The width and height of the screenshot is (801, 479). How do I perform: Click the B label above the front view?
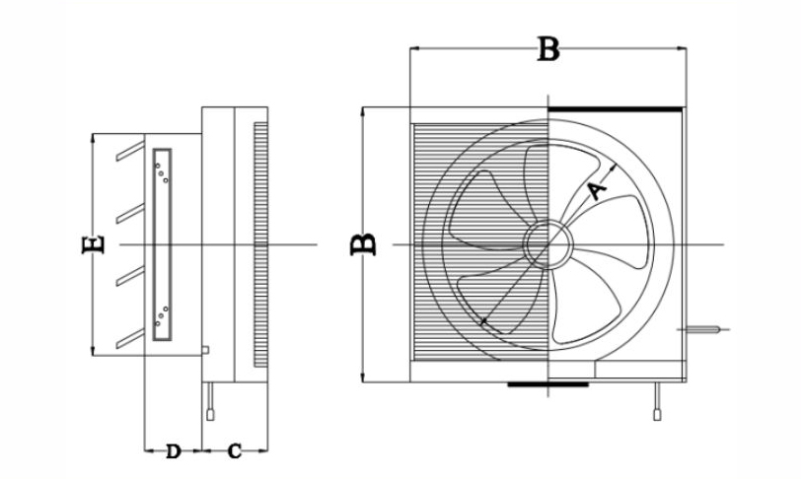pyautogui.click(x=547, y=48)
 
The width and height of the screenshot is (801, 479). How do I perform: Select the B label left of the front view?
pyautogui.click(x=364, y=243)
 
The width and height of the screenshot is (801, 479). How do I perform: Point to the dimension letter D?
pyautogui.click(x=172, y=451)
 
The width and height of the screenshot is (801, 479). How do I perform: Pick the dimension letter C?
pyautogui.click(x=233, y=451)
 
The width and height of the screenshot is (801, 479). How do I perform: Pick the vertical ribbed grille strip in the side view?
pyautogui.click(x=260, y=241)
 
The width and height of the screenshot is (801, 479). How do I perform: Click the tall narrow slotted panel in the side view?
pyautogui.click(x=163, y=241)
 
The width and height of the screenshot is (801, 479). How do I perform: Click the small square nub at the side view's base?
pyautogui.click(x=204, y=349)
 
